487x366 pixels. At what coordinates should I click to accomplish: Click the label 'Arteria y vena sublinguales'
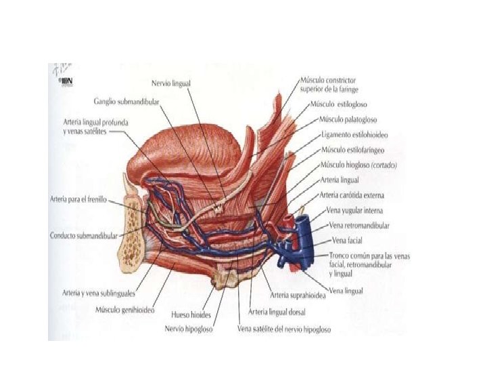click(97, 294)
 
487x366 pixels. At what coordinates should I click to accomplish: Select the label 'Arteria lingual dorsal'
click(277, 312)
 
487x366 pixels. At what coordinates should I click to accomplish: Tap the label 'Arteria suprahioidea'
click(296, 295)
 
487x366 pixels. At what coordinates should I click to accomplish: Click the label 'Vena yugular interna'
click(354, 211)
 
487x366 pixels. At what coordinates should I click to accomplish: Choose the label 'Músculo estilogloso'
click(338, 105)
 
